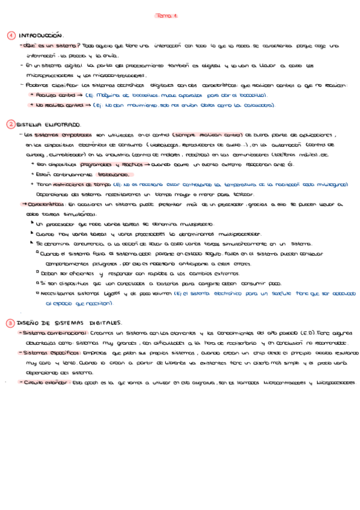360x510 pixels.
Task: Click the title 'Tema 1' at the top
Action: click(x=166, y=16)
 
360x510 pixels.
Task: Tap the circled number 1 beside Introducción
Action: click(x=11, y=35)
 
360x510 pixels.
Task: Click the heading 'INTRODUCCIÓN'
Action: click(x=41, y=36)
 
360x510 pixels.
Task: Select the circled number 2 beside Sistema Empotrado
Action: click(x=11, y=124)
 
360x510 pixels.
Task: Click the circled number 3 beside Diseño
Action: click(x=11, y=323)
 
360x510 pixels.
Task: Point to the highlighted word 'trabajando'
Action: click(x=99, y=174)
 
